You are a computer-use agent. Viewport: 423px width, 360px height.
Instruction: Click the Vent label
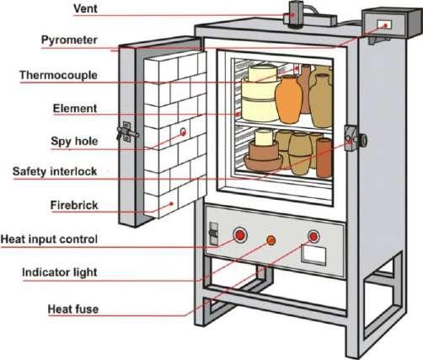pyautogui.click(x=85, y=8)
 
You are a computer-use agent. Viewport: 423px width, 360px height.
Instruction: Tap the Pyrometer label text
pyautogui.click(x=69, y=40)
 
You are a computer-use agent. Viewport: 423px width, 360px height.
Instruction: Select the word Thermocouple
pyautogui.click(x=58, y=75)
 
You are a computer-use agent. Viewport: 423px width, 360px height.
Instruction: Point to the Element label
pyautogui.click(x=75, y=108)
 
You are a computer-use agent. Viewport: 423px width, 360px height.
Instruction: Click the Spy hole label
pyautogui.click(x=74, y=141)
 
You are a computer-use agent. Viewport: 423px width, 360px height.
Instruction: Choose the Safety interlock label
pyautogui.click(x=55, y=171)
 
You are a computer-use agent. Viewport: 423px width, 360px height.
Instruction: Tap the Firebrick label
pyautogui.click(x=74, y=205)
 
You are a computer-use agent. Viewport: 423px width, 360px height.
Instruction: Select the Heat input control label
pyautogui.click(x=49, y=239)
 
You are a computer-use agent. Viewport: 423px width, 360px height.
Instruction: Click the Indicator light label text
pyautogui.click(x=60, y=272)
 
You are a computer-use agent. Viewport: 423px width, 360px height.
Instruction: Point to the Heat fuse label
pyautogui.click(x=73, y=309)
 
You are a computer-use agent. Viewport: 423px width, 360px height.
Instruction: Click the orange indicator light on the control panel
pyautogui.click(x=271, y=240)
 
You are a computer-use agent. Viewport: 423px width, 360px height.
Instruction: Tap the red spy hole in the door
pyautogui.click(x=183, y=132)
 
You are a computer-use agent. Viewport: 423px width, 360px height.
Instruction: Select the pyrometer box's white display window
pyautogui.click(x=384, y=24)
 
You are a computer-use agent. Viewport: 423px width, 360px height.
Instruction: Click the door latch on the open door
pyautogui.click(x=127, y=132)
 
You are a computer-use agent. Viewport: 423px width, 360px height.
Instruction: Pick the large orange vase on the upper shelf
pyautogui.click(x=288, y=99)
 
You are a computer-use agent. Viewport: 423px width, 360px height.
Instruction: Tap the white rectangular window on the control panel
pyautogui.click(x=313, y=255)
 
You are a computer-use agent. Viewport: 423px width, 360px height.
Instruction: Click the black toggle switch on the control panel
pyautogui.click(x=213, y=234)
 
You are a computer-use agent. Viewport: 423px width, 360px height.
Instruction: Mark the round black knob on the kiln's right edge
pyautogui.click(x=363, y=140)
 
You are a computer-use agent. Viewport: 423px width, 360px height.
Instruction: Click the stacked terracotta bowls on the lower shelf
pyautogui.click(x=263, y=157)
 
